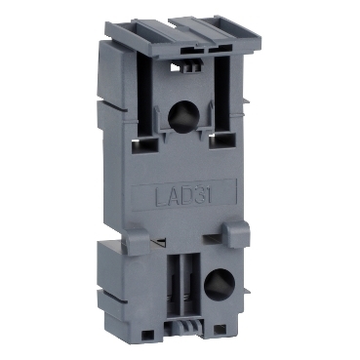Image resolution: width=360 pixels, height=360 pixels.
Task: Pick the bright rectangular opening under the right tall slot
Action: (x=220, y=141)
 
